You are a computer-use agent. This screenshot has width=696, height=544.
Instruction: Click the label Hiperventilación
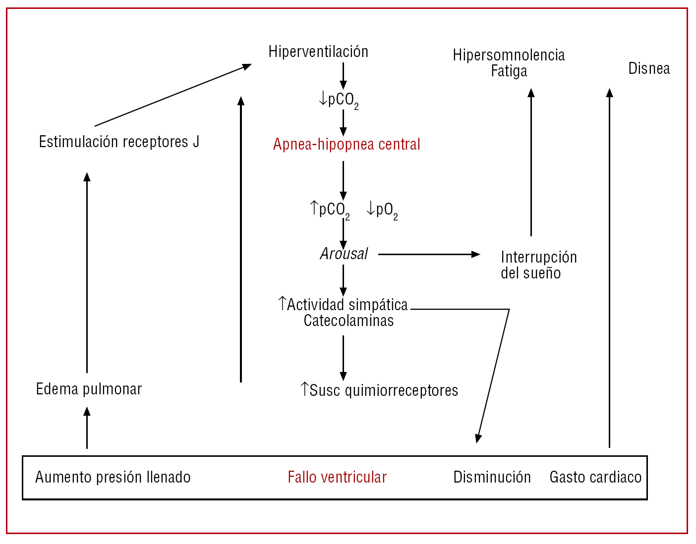point(318,52)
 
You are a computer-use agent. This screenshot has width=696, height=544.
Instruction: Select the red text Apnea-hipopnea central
point(347,144)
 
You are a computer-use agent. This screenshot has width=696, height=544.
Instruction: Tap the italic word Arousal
point(344,254)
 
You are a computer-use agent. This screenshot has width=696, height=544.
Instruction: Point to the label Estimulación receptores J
point(119,142)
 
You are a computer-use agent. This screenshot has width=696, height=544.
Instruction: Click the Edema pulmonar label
point(89,389)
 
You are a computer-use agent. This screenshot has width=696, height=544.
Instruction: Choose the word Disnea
point(649,68)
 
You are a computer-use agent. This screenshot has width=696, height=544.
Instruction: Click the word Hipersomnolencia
point(509,55)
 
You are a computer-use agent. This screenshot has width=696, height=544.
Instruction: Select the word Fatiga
point(509,71)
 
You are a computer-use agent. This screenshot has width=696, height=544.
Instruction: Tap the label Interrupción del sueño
point(538,265)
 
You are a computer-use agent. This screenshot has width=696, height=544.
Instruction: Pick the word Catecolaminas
point(348,321)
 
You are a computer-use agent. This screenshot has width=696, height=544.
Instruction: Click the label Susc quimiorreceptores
point(379,390)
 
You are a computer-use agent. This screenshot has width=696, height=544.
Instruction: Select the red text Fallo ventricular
point(337,477)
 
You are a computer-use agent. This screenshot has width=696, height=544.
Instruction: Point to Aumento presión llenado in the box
point(113,477)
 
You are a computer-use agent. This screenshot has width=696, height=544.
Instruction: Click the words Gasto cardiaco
point(595,477)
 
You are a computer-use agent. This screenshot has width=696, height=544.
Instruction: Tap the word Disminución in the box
point(492,477)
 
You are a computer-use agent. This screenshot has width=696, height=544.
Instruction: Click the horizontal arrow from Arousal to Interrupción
point(429,254)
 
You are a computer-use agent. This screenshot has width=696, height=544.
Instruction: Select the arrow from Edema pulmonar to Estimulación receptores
point(87,272)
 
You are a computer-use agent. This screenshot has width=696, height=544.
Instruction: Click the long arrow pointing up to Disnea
point(610,268)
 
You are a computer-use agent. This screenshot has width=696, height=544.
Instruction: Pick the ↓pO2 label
point(382,210)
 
